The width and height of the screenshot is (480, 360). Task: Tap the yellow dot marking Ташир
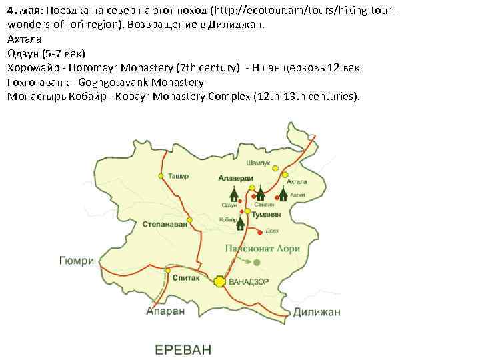coord(161,177)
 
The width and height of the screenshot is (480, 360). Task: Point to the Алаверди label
coord(235,178)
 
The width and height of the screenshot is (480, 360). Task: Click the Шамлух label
coord(258,163)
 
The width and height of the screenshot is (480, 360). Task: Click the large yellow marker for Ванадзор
coord(219,281)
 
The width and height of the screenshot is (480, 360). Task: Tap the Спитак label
coord(185,278)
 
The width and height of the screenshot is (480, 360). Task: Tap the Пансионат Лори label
coord(261,249)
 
